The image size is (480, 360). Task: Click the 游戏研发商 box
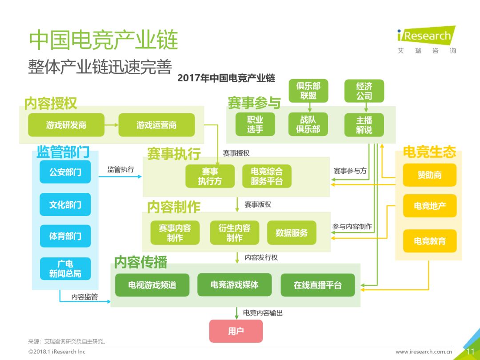coord(66,125)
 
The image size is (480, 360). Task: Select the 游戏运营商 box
coord(156,125)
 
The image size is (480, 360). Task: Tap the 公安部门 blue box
coord(65,172)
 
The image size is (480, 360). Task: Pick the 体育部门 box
coord(65,236)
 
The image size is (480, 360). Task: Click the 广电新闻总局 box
coord(65,268)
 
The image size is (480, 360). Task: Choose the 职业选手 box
coord(255,124)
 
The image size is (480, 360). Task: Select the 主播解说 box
coord(364,125)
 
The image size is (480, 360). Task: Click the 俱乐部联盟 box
coord(308,91)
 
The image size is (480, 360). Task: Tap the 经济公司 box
coord(364,91)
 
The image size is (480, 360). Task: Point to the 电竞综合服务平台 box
coord(267,176)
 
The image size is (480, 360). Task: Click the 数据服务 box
coord(292,232)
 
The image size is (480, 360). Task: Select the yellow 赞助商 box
coord(429,175)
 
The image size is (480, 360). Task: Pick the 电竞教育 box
coord(429,241)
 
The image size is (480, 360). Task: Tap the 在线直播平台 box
coord(318,285)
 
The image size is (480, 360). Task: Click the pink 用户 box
coord(236,331)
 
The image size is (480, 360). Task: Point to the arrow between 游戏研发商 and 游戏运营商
coord(112,125)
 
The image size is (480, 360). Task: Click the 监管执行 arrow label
coord(120,169)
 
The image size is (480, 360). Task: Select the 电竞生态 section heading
coord(429,152)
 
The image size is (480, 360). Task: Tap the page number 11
coord(471,352)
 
